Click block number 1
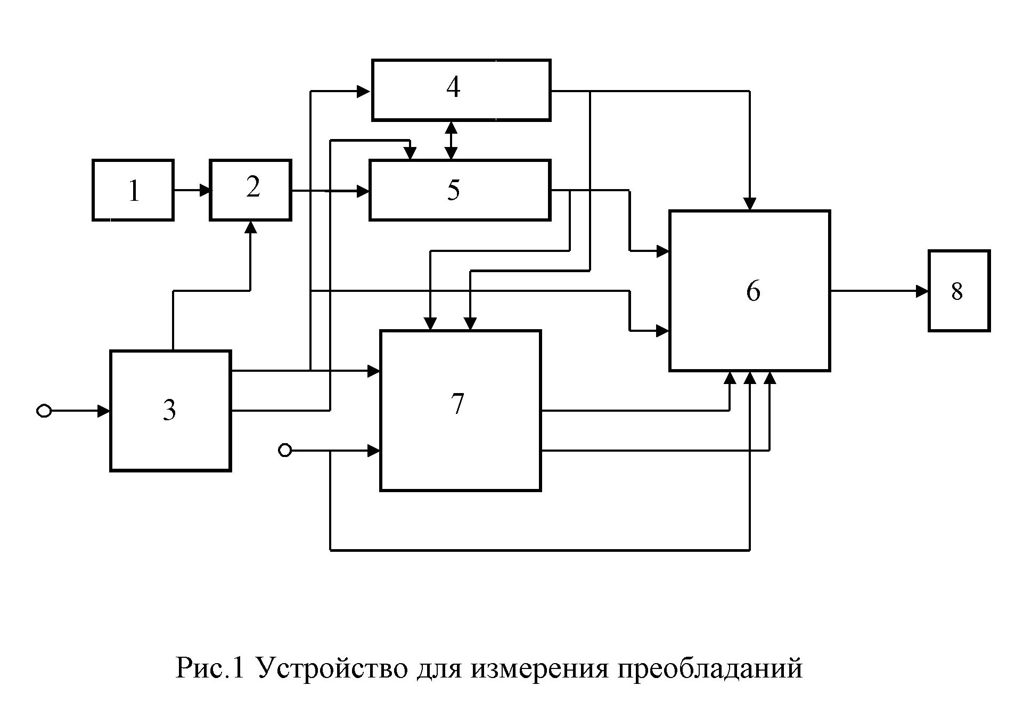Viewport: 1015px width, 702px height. click(133, 190)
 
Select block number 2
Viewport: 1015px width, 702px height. click(250, 190)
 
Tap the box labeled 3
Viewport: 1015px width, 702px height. click(170, 410)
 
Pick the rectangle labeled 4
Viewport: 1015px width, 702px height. click(461, 89)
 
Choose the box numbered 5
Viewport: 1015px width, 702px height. click(460, 190)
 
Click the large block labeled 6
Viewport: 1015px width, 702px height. click(749, 290)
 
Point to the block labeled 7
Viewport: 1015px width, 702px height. click(460, 410)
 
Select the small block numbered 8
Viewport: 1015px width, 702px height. click(959, 291)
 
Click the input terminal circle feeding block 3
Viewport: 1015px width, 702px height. click(44, 411)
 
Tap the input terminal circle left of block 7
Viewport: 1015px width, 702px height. click(285, 451)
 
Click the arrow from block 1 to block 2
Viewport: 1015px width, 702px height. click(192, 190)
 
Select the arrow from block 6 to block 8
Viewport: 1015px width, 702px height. click(879, 291)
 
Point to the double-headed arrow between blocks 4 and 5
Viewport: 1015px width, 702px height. click(452, 140)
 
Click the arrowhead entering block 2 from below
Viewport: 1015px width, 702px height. click(250, 227)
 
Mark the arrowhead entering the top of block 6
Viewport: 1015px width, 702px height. click(750, 205)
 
